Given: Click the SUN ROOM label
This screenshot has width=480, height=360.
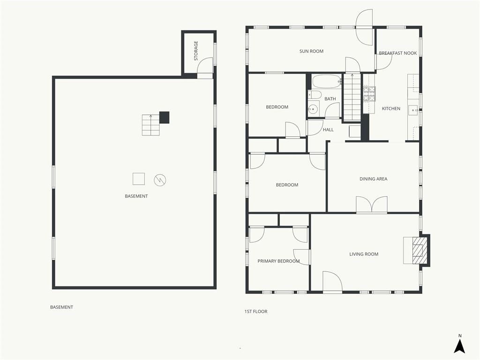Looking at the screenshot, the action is (311, 51).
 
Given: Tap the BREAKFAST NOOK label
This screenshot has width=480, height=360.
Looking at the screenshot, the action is (397, 53).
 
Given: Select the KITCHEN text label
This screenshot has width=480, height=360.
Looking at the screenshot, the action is (391, 108).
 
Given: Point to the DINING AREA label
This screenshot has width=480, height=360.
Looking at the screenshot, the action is (373, 179).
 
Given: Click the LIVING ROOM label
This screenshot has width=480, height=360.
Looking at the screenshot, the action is (364, 254).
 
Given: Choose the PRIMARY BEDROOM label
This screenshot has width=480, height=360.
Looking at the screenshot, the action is (278, 261).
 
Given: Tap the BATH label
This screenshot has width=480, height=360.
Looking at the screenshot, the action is (330, 99).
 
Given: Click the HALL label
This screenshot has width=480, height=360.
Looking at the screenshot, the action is (328, 130).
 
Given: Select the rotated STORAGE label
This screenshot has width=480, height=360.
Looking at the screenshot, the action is (196, 51).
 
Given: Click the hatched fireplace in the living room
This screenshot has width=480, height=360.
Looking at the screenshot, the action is (418, 251).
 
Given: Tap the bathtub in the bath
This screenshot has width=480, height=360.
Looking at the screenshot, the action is (326, 82).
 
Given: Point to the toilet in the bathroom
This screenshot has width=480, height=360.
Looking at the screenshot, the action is (315, 94).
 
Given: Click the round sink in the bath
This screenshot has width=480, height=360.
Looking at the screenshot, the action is (313, 109).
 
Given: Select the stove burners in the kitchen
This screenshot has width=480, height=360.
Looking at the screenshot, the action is (369, 94).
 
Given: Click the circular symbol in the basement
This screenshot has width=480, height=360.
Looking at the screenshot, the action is (160, 180).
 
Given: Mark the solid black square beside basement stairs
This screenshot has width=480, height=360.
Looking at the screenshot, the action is (165, 118).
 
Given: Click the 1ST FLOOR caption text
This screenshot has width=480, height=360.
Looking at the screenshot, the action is (256, 312).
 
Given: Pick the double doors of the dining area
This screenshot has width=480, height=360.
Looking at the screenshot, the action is (372, 204).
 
